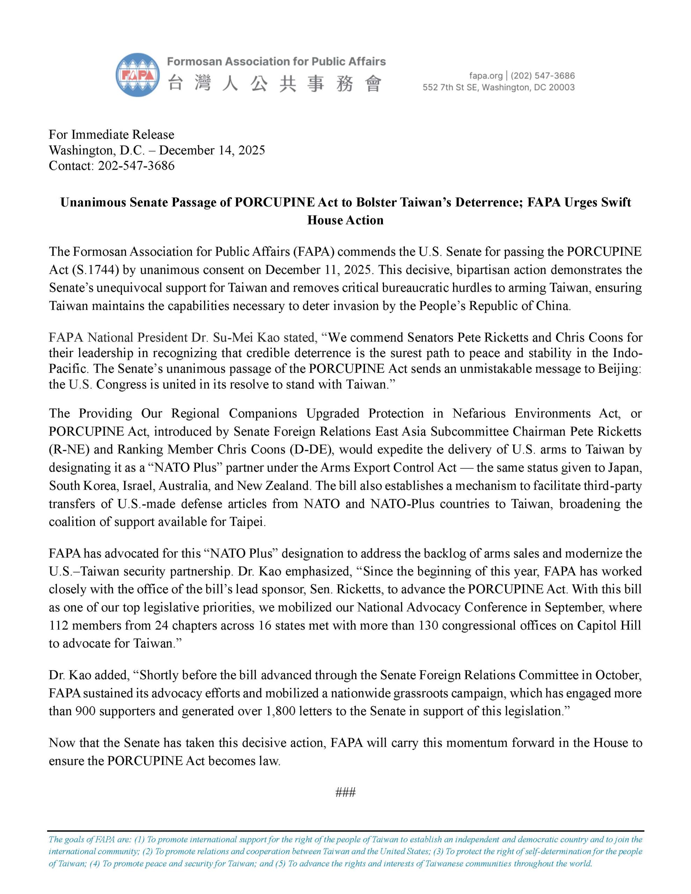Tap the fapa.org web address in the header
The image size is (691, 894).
pos(485,76)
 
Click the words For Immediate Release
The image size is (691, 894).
pos(111,135)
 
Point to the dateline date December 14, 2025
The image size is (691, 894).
pos(212,150)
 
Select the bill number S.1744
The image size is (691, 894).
pos(97,270)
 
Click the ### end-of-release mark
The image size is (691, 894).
pos(345,792)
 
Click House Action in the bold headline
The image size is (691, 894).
pos(345,220)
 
